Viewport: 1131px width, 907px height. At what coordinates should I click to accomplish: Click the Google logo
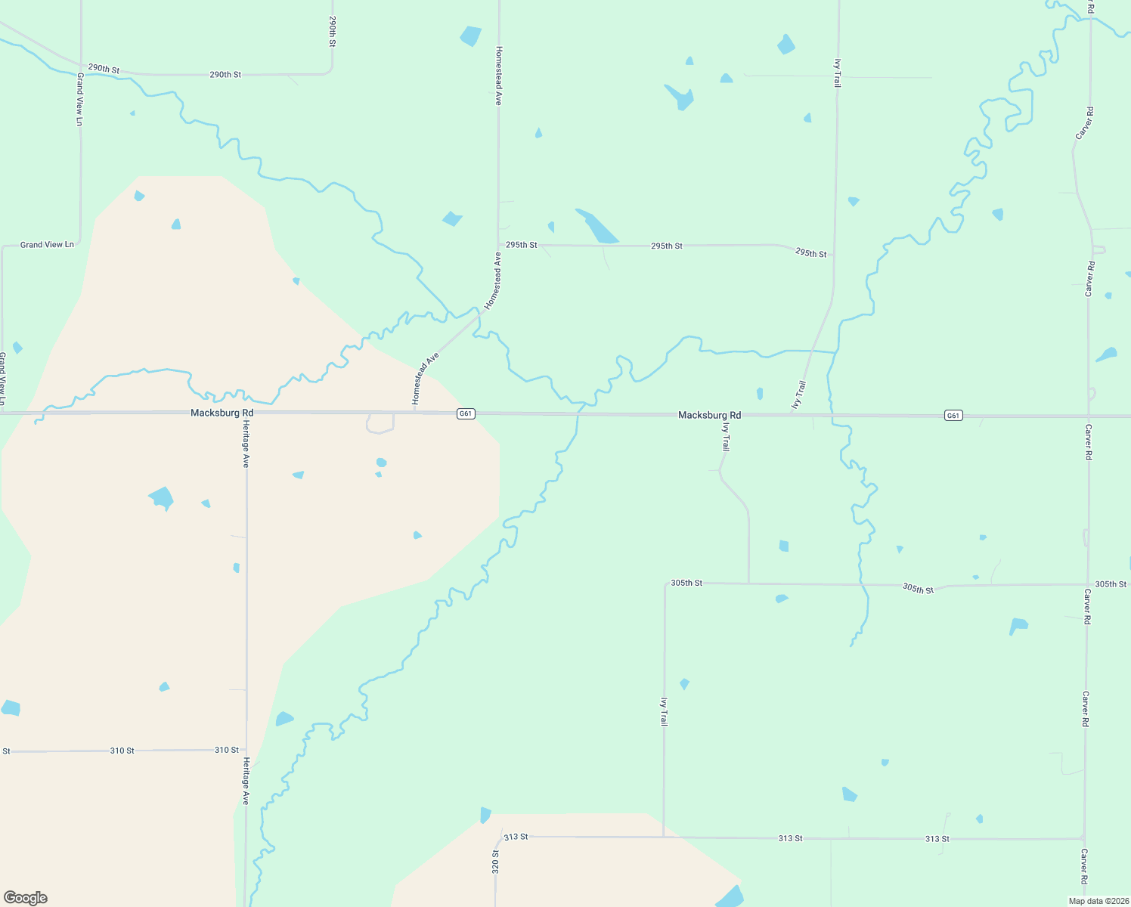pos(26,898)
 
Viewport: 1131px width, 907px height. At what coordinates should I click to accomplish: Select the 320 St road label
pos(496,862)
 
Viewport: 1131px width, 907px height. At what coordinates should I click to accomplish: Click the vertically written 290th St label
pos(332,32)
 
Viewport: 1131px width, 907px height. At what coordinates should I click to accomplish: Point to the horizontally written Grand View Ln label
pos(47,245)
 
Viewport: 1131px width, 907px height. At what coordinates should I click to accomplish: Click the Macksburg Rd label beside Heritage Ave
pos(222,413)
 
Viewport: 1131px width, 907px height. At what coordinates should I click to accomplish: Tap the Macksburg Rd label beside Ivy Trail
pos(709,415)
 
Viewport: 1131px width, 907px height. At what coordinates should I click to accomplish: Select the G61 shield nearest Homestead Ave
pos(466,413)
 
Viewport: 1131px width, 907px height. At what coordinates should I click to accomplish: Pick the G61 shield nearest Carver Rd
pos(953,416)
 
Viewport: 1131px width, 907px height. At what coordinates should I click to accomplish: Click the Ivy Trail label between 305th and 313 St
pos(664,711)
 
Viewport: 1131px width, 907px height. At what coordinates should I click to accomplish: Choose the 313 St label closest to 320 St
pos(516,837)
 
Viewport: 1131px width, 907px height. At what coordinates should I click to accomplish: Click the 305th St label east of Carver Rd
pos(1111,584)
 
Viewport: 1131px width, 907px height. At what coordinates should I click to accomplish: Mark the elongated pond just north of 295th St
pos(596,225)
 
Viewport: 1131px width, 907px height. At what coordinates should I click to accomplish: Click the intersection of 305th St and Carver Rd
pos(1087,584)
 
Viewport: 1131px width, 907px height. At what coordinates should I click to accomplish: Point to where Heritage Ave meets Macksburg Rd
pos(246,413)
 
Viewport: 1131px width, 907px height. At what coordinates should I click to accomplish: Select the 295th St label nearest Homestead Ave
pos(521,245)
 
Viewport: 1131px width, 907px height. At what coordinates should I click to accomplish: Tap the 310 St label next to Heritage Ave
pos(226,750)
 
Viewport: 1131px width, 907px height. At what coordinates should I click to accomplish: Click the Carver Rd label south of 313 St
pos(1083,866)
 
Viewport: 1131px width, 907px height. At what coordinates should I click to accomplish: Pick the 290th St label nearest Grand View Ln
pos(104,69)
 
